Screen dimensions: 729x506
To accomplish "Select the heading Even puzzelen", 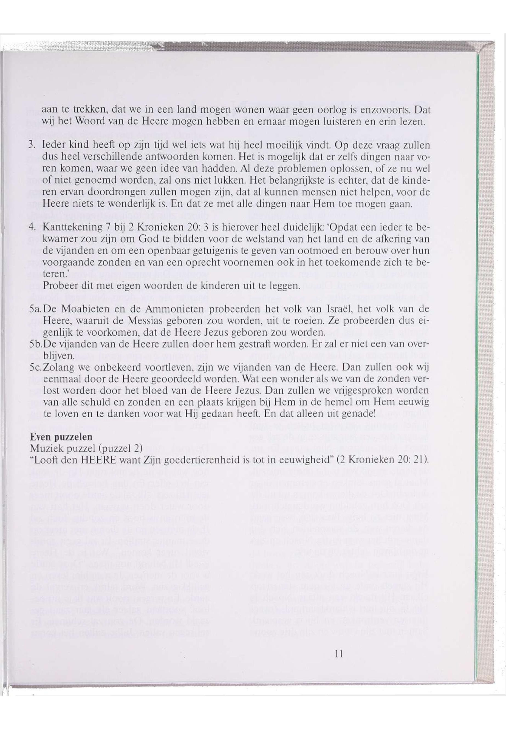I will (x=61, y=437).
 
